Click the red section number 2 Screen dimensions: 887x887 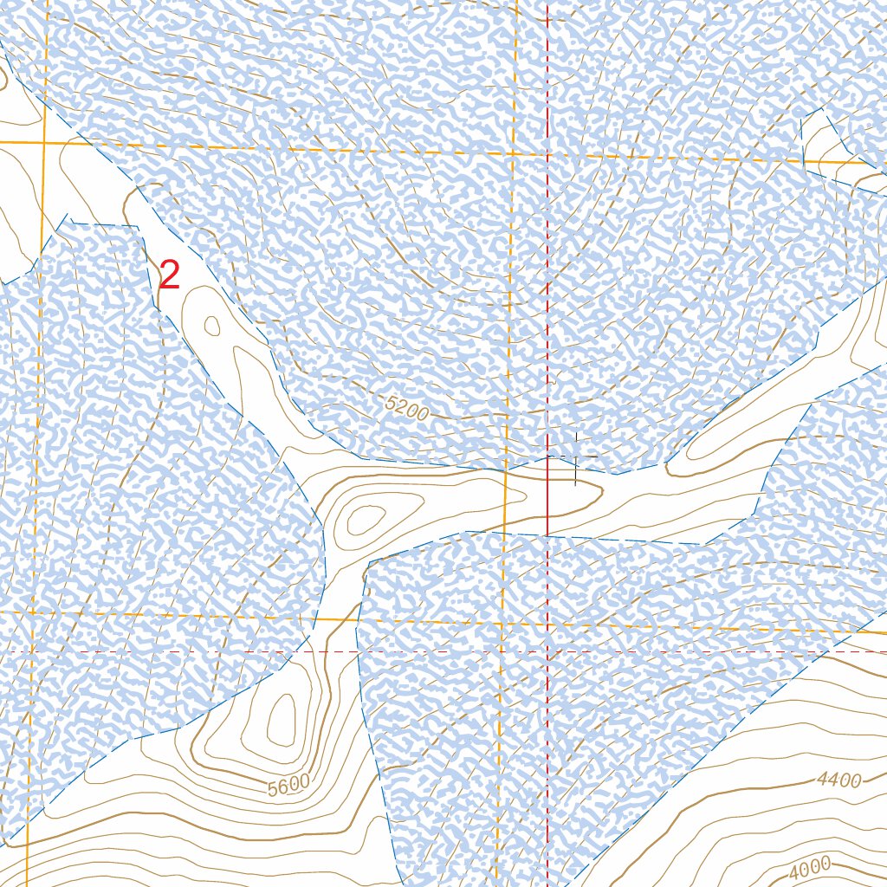click(170, 275)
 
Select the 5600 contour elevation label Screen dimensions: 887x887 click(288, 786)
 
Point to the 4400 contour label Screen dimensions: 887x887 click(838, 780)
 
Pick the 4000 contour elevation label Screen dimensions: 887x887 click(810, 864)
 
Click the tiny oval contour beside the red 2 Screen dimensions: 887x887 click(211, 326)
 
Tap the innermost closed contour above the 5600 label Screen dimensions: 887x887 click(281, 720)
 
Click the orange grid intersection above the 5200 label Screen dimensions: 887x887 click(513, 152)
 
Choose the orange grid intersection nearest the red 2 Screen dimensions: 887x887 click(42, 141)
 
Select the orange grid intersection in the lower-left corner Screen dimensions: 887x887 click(32, 612)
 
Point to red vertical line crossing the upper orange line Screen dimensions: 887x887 click(547, 154)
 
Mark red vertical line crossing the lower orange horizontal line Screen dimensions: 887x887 click(547, 623)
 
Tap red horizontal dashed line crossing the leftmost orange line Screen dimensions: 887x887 click(31, 651)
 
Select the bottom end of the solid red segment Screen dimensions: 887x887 click(547, 534)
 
